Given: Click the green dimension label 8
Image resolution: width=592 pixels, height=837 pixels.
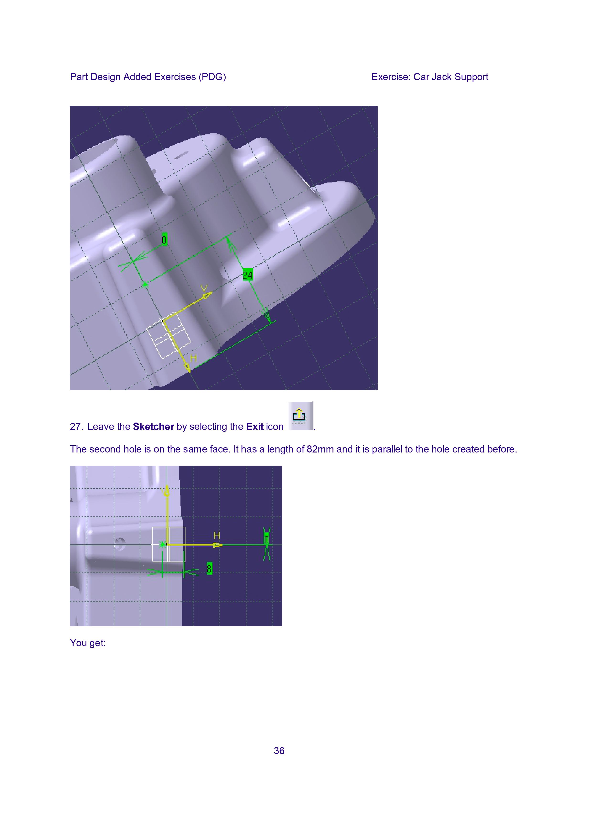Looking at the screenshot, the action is coord(209,568).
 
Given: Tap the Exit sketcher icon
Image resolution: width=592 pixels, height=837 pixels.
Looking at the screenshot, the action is coord(300,416).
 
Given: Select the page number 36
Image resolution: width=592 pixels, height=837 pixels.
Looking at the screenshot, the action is coord(279,751).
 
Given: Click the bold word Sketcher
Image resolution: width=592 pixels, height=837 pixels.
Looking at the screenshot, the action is coord(153,426).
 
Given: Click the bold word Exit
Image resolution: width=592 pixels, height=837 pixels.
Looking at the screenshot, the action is coord(255,426).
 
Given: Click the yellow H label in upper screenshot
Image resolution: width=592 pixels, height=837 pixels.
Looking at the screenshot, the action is coord(193,358).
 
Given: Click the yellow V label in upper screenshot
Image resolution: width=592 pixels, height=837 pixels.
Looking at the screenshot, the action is coord(204,289).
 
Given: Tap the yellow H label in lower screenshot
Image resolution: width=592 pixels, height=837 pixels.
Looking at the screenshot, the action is coord(217,535).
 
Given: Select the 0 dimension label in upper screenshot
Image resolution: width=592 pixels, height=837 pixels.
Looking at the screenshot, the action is coord(164,239).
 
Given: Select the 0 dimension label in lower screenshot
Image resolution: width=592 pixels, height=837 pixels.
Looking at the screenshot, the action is coord(267,540).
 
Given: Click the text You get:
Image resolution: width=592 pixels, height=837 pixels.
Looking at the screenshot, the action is coord(88,643).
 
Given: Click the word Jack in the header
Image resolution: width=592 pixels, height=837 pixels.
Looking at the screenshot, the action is coord(442,77).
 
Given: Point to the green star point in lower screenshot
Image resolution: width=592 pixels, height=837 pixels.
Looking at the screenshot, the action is coord(162,545).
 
